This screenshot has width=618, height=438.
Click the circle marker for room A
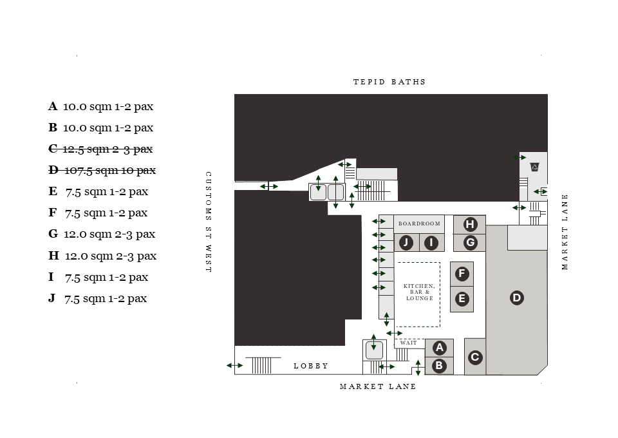[x=440, y=348]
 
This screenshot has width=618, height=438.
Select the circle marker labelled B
[x=440, y=366]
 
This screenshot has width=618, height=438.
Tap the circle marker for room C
[x=475, y=357]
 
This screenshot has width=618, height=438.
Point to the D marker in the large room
[x=516, y=298]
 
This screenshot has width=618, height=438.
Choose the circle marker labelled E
[x=462, y=299]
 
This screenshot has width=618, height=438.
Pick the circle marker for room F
[x=462, y=274]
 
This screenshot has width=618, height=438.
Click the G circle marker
[x=471, y=243]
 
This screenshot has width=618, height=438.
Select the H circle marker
[x=471, y=224]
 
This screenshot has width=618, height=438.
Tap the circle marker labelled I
[x=431, y=243]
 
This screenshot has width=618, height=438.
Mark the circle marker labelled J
[x=406, y=243]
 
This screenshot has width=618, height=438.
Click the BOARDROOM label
[x=419, y=224]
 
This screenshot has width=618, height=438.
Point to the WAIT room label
[x=409, y=343]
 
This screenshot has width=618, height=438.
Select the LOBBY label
[x=311, y=366]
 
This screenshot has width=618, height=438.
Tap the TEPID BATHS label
[x=389, y=82]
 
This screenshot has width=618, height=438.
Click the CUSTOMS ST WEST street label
[x=208, y=222]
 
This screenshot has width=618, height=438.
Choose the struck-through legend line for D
[x=102, y=170]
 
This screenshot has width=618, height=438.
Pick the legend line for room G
[x=102, y=234]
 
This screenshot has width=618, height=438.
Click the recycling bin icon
[x=534, y=167]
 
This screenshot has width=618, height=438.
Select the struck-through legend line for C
[x=100, y=149]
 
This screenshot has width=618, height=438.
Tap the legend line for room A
[x=100, y=106]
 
